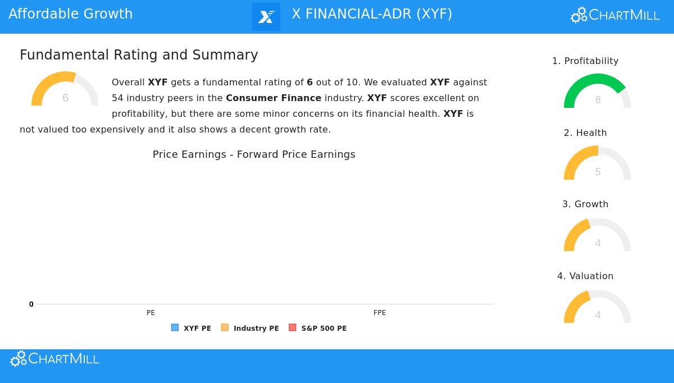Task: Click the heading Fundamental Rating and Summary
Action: tap(139, 55)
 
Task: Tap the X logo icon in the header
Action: tap(266, 17)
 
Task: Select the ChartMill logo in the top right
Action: tap(615, 15)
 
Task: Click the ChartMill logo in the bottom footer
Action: tap(54, 359)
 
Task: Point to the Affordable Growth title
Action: tap(71, 14)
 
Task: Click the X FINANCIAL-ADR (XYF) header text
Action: tap(372, 14)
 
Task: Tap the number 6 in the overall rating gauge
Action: tap(65, 98)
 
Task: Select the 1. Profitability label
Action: tap(585, 61)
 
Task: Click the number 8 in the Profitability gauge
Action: tap(598, 100)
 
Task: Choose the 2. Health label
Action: tap(585, 133)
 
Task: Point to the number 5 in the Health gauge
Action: tap(598, 172)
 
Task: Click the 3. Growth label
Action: tap(585, 204)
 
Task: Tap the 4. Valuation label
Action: tap(585, 276)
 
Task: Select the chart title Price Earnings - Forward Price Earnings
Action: tap(254, 154)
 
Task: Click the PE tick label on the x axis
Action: tap(151, 313)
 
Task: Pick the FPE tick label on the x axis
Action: tap(380, 313)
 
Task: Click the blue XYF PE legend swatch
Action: tap(175, 328)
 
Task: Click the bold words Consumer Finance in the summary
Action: tap(274, 98)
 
